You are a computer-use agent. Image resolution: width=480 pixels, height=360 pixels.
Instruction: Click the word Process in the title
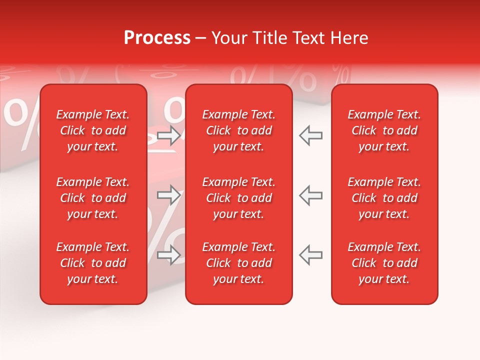[157, 38]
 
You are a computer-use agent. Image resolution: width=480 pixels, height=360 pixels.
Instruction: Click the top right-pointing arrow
[169, 135]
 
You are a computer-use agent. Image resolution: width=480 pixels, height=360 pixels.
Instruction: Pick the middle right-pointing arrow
[169, 195]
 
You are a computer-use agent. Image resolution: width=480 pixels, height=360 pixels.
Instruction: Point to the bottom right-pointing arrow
[169, 255]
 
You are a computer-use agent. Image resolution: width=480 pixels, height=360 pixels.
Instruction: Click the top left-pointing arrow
[310, 135]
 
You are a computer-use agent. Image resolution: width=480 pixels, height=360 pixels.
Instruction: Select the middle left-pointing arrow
[310, 195]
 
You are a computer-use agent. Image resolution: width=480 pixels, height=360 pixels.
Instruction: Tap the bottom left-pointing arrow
[310, 255]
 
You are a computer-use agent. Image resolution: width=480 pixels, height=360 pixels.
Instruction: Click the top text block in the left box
[93, 130]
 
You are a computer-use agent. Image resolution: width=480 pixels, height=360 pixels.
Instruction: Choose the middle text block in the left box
[93, 198]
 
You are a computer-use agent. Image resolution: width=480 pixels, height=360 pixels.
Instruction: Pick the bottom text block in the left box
[93, 263]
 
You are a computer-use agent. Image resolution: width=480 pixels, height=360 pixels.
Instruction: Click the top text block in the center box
[239, 130]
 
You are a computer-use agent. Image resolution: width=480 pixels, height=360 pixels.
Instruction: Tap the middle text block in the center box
[239, 198]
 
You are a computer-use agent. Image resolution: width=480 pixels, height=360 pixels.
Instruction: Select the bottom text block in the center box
[239, 263]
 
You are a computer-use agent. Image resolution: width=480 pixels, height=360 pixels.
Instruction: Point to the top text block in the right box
[384, 130]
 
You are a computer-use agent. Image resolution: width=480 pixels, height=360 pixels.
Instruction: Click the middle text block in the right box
[384, 198]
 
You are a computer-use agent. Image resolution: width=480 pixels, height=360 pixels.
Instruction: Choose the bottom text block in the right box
[384, 263]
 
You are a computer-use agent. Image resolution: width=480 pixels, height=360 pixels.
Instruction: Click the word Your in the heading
[228, 38]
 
